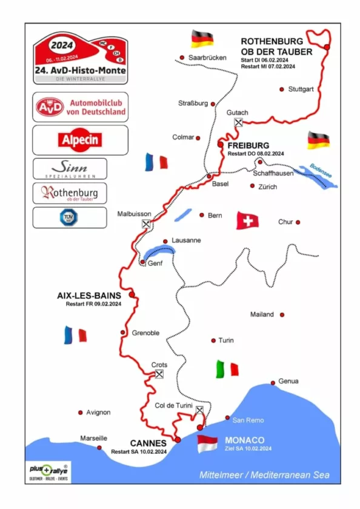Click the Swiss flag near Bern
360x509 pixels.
coord(247,221)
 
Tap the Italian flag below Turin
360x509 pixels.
coord(227,368)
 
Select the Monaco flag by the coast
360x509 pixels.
coord(207,444)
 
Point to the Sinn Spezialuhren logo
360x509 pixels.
coord(70,168)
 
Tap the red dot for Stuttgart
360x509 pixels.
coord(282,89)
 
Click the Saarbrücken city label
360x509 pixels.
coord(207,58)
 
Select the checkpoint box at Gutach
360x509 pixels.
coord(239,122)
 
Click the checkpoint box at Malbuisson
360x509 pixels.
coord(145,224)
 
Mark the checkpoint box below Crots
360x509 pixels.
coord(159,374)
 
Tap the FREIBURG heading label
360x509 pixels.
coord(248,146)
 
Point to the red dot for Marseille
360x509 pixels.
coord(99,448)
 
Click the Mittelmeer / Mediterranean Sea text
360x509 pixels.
coord(265,475)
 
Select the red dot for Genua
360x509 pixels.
coord(273,382)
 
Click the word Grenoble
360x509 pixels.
coord(145,333)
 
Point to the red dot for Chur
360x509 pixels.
coord(298,222)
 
